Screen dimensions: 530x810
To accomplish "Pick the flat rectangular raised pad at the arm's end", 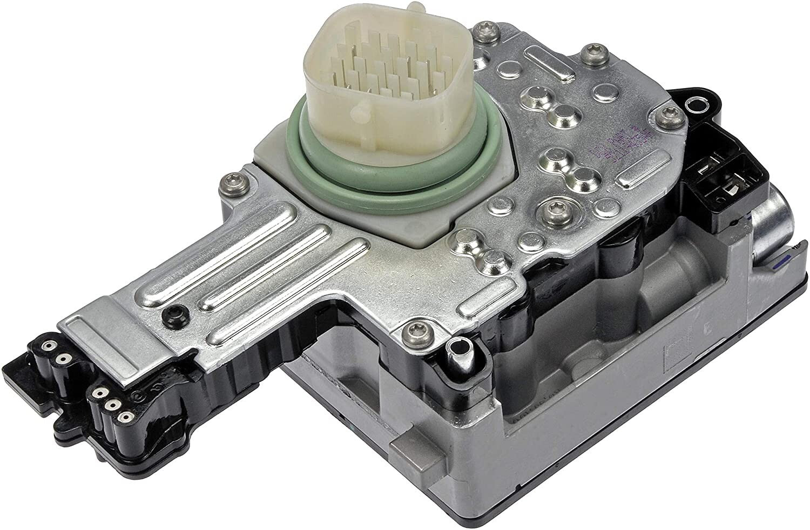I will (x=92, y=333).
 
